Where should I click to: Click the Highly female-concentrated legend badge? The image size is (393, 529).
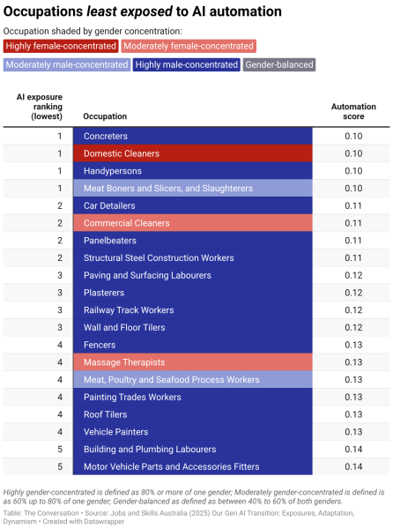pyautogui.click(x=61, y=46)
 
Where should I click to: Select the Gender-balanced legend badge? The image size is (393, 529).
pyautogui.click(x=279, y=64)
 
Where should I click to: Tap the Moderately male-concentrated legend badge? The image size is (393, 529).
pyautogui.click(x=67, y=64)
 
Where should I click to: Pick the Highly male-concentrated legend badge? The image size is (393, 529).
pyautogui.click(x=187, y=64)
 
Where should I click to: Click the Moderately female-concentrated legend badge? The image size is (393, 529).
pyautogui.click(x=189, y=46)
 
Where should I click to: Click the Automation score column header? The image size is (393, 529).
pyautogui.click(x=353, y=111)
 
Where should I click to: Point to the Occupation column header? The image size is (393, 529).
pyautogui.click(x=105, y=116)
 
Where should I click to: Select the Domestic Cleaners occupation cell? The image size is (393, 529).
pyautogui.click(x=193, y=153)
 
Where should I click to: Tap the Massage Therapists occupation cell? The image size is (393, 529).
pyautogui.click(x=193, y=362)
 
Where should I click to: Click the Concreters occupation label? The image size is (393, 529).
pyautogui.click(x=106, y=137)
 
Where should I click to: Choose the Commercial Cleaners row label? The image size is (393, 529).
pyautogui.click(x=127, y=223)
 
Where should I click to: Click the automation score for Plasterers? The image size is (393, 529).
pyautogui.click(x=353, y=293)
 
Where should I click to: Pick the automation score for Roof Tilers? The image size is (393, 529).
pyautogui.click(x=353, y=414)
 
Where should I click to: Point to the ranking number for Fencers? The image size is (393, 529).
pyautogui.click(x=60, y=345)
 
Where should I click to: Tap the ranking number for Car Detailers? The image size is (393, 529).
pyautogui.click(x=60, y=205)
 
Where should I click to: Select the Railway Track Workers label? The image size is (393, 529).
pyautogui.click(x=129, y=310)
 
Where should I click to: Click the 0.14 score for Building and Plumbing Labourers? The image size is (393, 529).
pyautogui.click(x=353, y=450)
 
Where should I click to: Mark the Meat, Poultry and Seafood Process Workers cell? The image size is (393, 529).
pyautogui.click(x=193, y=379)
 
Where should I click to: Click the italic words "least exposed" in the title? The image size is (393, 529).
pyautogui.click(x=130, y=11)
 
